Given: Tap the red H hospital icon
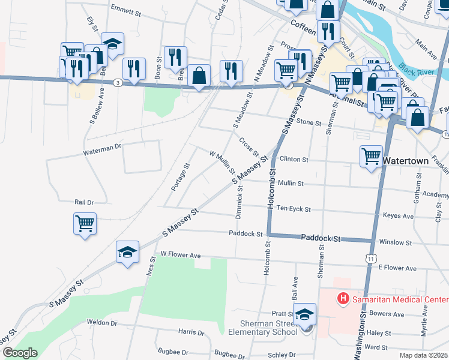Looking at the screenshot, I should [343, 298].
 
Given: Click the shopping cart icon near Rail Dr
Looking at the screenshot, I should [85, 224].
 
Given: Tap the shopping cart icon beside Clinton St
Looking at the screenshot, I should [372, 157].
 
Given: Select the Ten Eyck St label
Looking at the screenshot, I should [294, 209].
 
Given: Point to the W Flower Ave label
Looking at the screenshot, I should [181, 254].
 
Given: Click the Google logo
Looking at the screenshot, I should [19, 353].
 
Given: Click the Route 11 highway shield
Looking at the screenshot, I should [372, 258].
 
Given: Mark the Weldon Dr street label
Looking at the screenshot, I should [101, 322].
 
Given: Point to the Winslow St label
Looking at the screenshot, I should [396, 243].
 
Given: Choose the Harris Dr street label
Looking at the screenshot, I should [191, 332].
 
